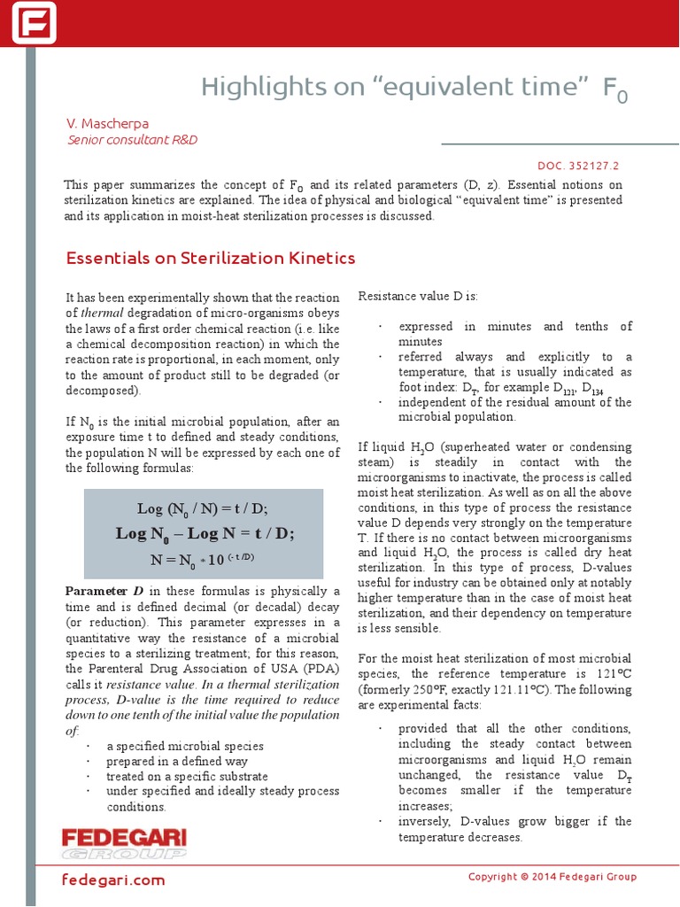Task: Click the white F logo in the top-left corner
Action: [34, 23]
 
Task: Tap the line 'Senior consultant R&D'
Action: [132, 140]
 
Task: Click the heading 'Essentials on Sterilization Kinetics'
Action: [211, 259]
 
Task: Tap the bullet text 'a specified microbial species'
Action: [184, 746]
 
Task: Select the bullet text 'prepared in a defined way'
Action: [176, 761]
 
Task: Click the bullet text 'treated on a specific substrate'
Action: [184, 776]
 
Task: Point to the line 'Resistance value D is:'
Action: [417, 296]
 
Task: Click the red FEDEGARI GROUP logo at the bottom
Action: [124, 844]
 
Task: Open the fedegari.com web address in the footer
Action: [113, 880]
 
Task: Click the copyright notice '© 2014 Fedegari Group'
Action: [552, 877]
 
